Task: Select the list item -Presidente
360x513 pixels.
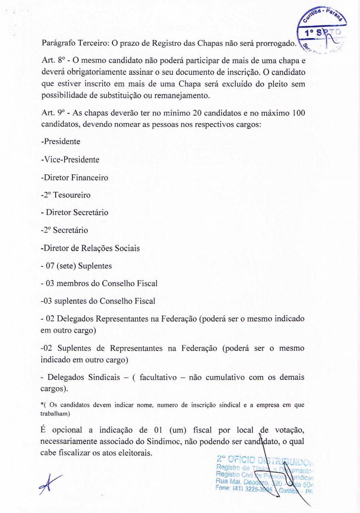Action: point(60,142)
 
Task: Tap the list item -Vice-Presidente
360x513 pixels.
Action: point(70,159)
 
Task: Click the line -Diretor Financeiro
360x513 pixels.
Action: point(74,177)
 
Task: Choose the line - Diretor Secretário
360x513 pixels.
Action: point(74,212)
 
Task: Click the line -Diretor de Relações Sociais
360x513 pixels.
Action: point(90,248)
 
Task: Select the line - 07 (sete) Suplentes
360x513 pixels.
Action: point(76,266)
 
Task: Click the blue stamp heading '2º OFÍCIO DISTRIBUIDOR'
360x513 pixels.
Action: point(265,460)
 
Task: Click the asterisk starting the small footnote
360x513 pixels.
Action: point(42,404)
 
